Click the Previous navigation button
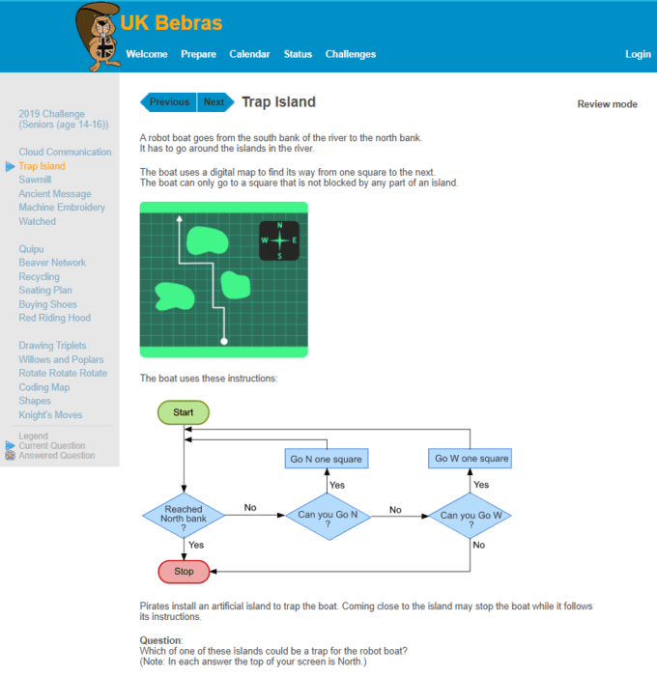[169, 102]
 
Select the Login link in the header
[638, 54]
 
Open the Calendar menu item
[249, 54]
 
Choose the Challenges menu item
[351, 54]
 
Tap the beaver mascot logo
[99, 37]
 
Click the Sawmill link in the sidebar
[35, 180]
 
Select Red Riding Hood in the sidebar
[55, 318]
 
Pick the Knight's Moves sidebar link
[50, 414]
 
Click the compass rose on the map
[279, 240]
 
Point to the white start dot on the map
[224, 342]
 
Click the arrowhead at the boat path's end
[179, 218]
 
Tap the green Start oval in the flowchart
[184, 412]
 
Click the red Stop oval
[184, 572]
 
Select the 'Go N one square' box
[327, 459]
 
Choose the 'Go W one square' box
[470, 459]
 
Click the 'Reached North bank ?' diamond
[184, 515]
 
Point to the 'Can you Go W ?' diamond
[471, 516]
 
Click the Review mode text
[608, 104]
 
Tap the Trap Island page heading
[278, 102]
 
